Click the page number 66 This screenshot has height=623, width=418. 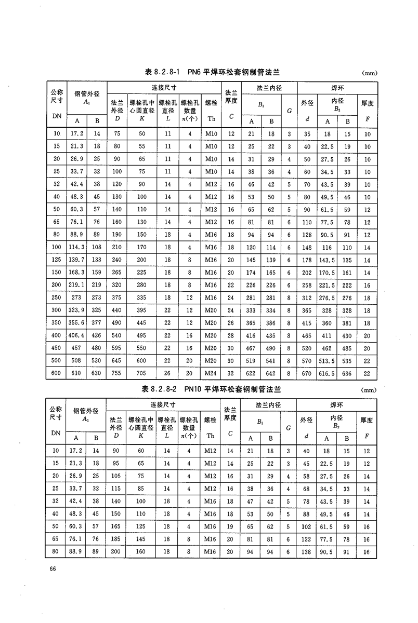tap(53, 570)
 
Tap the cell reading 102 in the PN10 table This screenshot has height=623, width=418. tap(307, 527)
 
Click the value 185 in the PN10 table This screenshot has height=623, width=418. tap(117, 539)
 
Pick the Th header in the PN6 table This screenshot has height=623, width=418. tap(211, 118)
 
